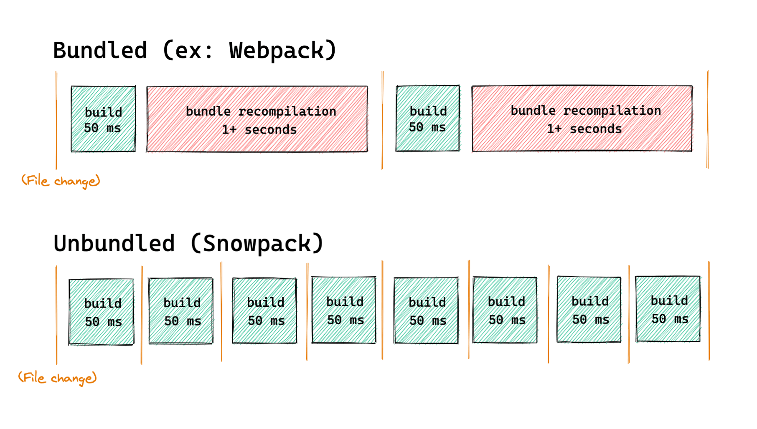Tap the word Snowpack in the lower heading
coord(257,244)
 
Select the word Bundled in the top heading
coord(100,51)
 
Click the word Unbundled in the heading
coord(114,244)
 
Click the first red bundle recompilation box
coord(257,119)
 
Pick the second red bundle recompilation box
coord(582,119)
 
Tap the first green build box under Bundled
coord(103,119)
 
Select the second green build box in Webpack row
coord(428,118)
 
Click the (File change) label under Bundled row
coord(61,181)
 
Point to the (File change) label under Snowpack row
coord(58,378)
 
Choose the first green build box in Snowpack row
coord(102,312)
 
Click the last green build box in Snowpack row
coord(668,309)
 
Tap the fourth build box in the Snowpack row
coord(344,310)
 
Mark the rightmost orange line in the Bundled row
coord(708,119)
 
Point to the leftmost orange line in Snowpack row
coord(56,315)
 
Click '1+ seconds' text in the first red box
coord(259,130)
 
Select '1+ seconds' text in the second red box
coord(584,129)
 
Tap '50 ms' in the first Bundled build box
coord(102,128)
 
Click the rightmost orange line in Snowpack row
coord(709,311)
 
